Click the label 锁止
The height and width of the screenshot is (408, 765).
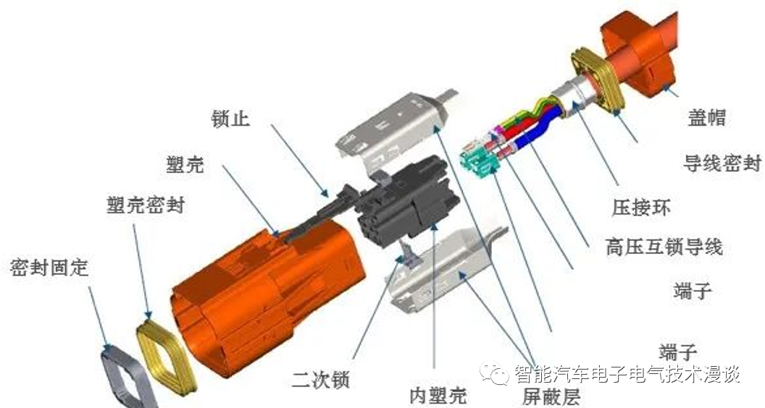point(230,119)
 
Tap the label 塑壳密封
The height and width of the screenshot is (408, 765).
point(146,205)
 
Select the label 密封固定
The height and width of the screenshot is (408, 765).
point(49,268)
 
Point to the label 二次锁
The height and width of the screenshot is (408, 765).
point(320,379)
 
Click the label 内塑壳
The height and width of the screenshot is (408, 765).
point(438,394)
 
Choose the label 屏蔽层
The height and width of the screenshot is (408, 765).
point(551,396)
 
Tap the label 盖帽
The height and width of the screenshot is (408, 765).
point(707,117)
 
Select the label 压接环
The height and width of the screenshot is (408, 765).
point(641,207)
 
